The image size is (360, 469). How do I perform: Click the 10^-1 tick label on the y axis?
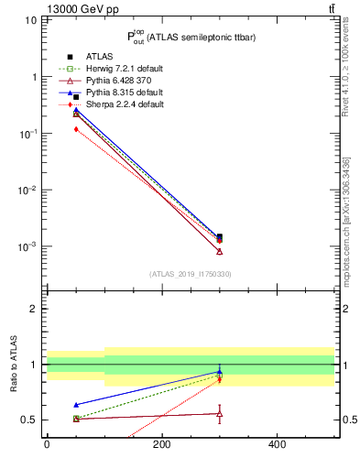point(27,134)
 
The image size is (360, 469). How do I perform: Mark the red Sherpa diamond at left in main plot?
point(76,129)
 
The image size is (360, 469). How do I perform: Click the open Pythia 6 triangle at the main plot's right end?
point(219,251)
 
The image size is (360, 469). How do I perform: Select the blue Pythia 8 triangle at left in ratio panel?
point(76,404)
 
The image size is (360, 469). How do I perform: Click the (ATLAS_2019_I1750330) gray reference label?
point(190,274)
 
